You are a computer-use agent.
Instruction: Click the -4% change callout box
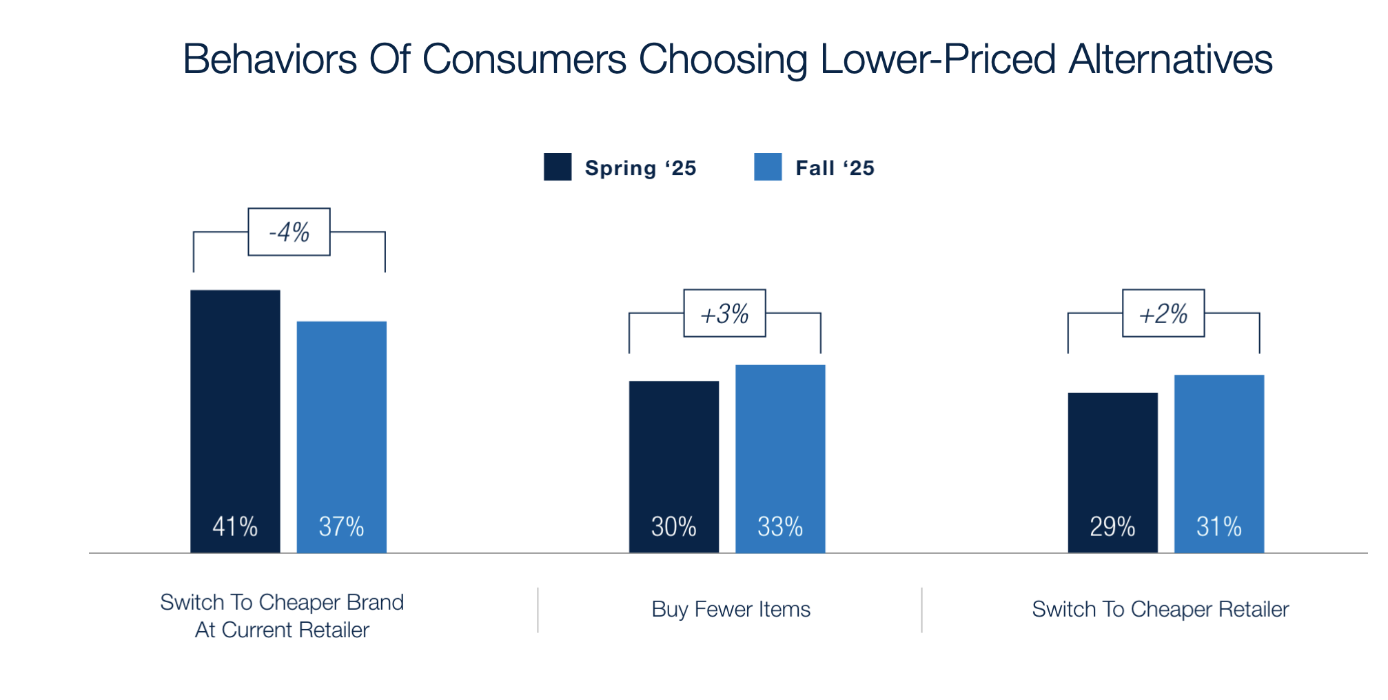(x=289, y=232)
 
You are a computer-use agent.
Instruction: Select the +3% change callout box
(x=724, y=313)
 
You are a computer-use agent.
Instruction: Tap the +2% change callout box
(x=1163, y=313)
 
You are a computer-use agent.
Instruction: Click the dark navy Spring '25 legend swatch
(x=557, y=167)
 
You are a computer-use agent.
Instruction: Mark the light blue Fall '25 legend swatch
(x=768, y=167)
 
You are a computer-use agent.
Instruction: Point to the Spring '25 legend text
(x=640, y=168)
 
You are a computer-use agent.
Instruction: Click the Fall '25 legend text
(x=835, y=168)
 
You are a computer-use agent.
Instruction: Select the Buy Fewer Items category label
(x=731, y=610)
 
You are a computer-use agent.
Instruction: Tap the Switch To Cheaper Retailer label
(x=1160, y=610)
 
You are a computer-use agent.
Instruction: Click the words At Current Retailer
(x=282, y=630)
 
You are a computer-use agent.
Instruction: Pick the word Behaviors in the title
(x=269, y=59)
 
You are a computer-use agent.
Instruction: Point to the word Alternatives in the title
(x=1170, y=59)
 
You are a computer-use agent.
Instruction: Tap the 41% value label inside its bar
(x=235, y=527)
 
